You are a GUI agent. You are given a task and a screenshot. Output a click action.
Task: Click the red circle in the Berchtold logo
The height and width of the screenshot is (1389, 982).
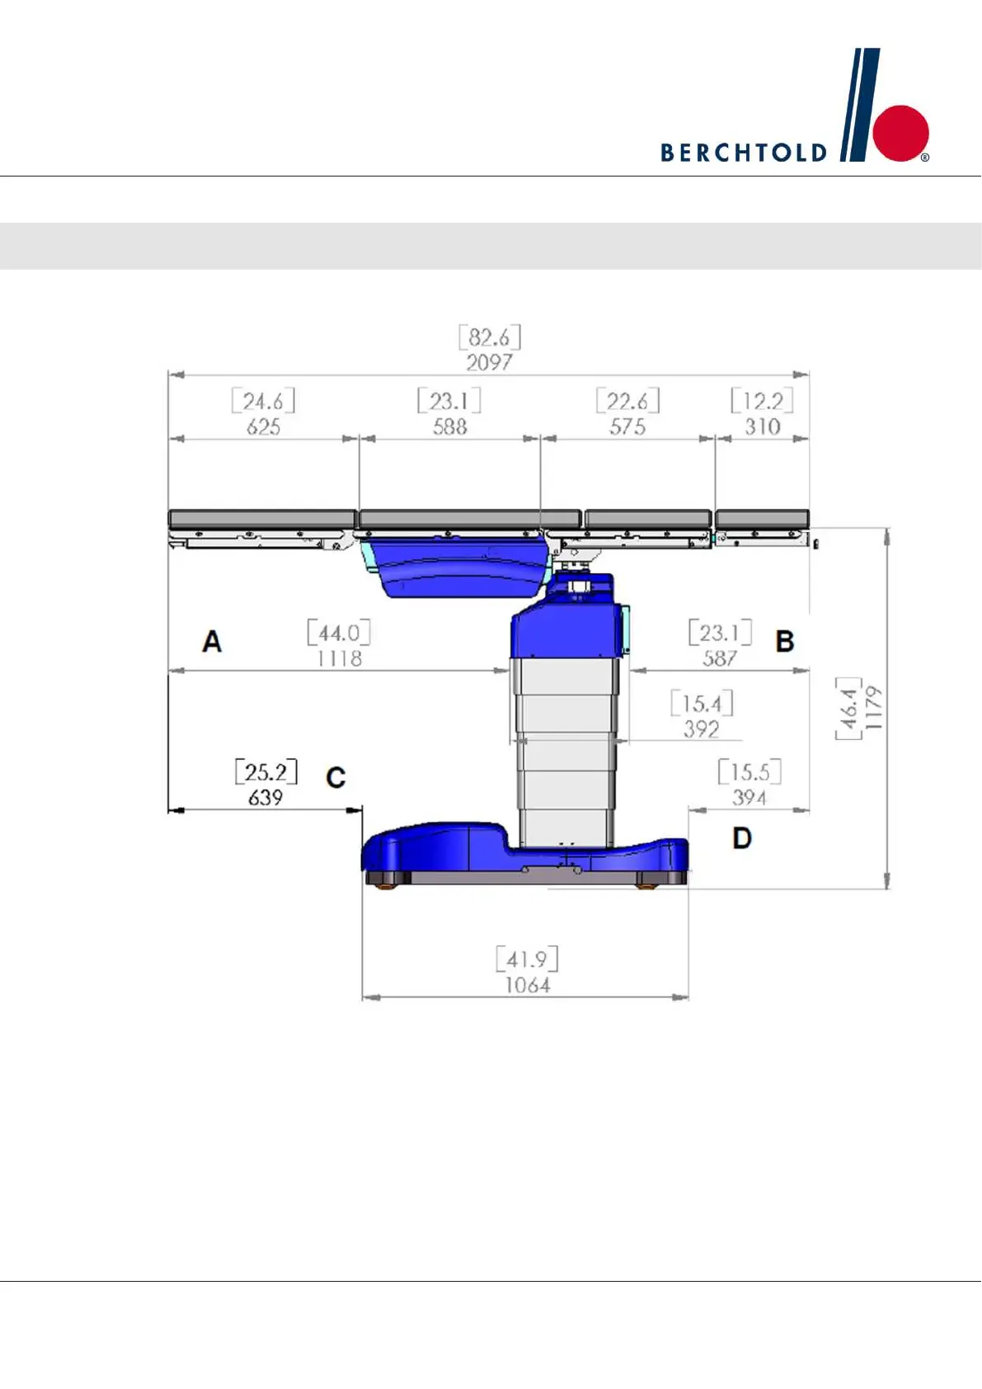click(x=901, y=133)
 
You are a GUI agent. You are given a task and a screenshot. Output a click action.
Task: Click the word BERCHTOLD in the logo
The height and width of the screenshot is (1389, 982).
click(x=744, y=153)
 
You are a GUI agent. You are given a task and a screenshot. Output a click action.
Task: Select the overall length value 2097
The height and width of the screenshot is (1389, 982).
click(x=489, y=362)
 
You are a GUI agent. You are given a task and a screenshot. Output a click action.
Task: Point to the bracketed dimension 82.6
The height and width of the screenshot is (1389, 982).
click(x=490, y=337)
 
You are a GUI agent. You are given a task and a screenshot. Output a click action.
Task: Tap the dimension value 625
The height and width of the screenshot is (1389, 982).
click(x=264, y=426)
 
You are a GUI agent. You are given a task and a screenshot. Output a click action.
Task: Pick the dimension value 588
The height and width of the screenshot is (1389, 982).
click(x=449, y=426)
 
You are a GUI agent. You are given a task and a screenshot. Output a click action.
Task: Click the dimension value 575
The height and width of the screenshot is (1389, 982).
click(x=627, y=426)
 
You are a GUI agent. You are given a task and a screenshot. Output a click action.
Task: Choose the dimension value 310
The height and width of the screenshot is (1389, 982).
click(x=763, y=426)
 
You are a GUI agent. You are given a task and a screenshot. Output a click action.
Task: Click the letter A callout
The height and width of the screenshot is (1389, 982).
click(x=212, y=641)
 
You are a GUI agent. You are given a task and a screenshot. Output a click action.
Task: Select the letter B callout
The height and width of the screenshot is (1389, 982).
click(x=785, y=641)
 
